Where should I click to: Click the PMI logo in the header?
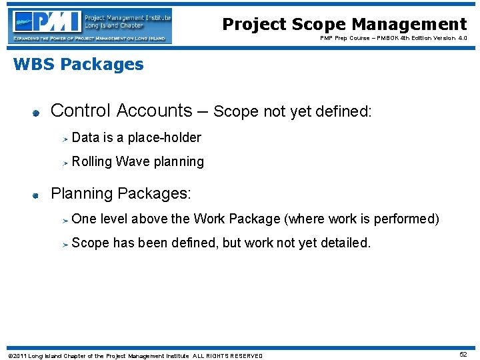coord(90,26)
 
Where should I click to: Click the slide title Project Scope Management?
coord(344,25)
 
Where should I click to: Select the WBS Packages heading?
coord(78,65)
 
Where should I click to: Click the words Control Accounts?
coord(121,110)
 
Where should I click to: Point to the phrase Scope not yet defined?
coord(292,111)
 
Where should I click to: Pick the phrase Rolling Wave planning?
coord(137,161)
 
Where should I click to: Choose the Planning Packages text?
coord(121,194)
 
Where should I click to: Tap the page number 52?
coord(463,355)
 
